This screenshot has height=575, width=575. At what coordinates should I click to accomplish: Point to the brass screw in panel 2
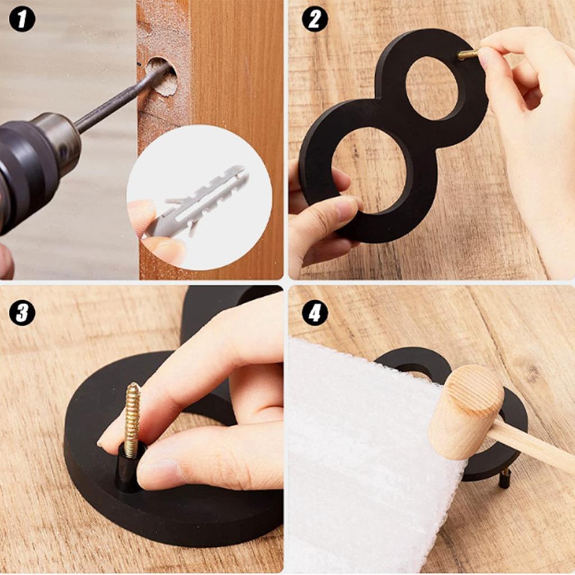pyautogui.click(x=468, y=54)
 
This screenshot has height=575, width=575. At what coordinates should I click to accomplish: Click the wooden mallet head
pyautogui.click(x=466, y=412)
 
